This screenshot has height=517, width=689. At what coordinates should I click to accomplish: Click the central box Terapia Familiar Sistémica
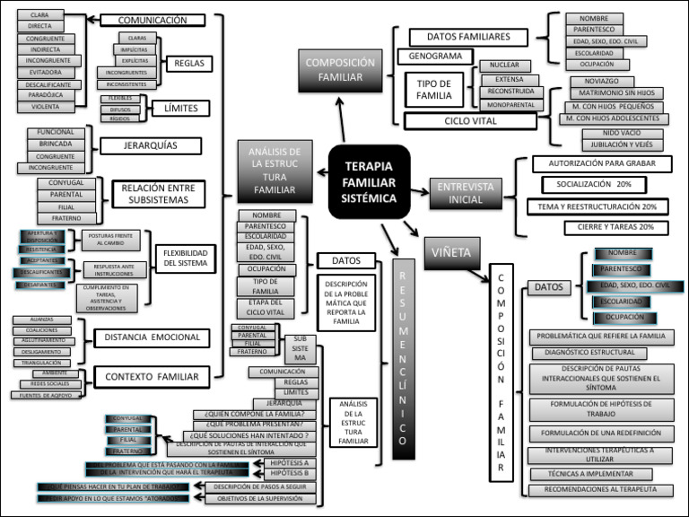(369, 181)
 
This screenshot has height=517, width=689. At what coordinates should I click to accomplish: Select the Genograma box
(435, 57)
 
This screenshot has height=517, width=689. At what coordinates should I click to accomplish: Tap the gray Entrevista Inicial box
(466, 192)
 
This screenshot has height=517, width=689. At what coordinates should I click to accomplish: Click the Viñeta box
(452, 252)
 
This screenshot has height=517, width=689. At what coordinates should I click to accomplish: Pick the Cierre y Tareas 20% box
(615, 228)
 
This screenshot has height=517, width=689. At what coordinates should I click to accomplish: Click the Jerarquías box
(151, 145)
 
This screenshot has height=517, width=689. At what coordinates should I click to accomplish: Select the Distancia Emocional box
(150, 337)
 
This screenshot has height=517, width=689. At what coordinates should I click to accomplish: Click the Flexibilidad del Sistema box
(186, 258)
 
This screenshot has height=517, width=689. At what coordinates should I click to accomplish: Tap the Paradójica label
(45, 94)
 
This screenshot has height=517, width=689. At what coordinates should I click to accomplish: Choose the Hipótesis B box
(289, 472)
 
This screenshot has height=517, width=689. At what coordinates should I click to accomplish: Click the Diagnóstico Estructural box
(589, 354)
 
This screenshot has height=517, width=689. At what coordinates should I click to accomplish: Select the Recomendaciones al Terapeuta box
(600, 489)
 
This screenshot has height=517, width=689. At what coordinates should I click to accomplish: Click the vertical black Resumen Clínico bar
(404, 359)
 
